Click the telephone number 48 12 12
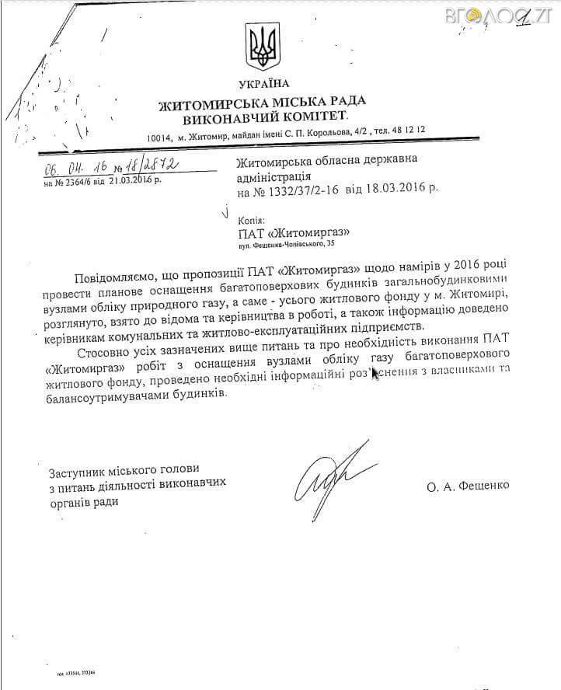pyautogui.click(x=407, y=134)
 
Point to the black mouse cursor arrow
pyautogui.click(x=375, y=375)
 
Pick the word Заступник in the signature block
pyautogui.click(x=76, y=472)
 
